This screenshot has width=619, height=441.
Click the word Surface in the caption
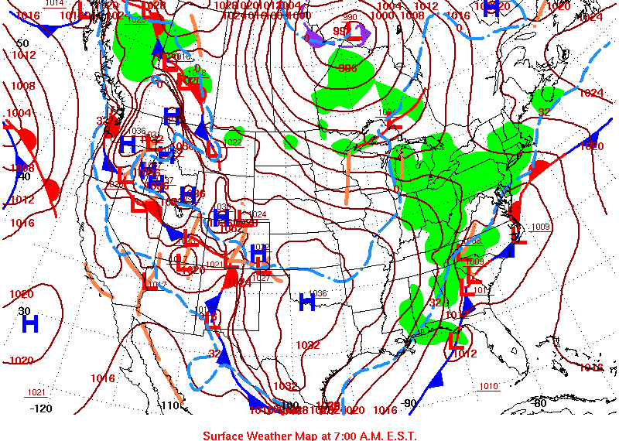point(224,436)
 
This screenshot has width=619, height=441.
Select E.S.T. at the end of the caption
point(398,436)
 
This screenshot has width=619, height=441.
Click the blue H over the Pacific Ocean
point(30,323)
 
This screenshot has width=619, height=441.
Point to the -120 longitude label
point(41,409)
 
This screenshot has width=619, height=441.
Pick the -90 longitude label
point(409,402)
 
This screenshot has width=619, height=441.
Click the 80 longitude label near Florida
point(539,402)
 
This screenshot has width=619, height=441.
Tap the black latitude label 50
point(22,43)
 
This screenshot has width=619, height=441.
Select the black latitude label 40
point(23,176)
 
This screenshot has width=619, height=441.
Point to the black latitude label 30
point(23,310)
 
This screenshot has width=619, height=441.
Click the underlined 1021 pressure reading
point(36,392)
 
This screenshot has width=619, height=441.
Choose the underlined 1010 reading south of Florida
point(488,386)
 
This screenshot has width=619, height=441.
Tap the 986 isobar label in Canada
point(348,68)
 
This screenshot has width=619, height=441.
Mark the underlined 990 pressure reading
point(350,17)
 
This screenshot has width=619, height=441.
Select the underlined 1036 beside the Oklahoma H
point(318,293)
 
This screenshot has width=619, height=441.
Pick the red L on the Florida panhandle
point(455,339)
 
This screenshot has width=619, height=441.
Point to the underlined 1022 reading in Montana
point(234,142)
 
